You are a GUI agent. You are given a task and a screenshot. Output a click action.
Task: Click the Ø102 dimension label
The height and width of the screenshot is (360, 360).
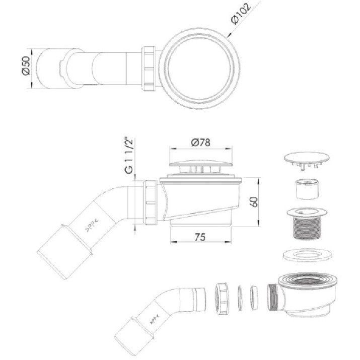[241, 14]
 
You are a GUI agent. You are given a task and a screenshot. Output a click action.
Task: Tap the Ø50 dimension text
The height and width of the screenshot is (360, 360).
[26, 65]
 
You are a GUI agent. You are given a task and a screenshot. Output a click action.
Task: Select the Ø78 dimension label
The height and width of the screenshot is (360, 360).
[200, 142]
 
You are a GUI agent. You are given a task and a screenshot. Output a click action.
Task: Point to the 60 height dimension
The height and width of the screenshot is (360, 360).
[254, 202]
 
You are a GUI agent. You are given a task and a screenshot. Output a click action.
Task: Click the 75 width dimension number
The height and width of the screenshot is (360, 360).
[200, 237]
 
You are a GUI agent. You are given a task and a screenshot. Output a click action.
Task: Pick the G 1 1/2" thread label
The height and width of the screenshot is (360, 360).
[129, 156]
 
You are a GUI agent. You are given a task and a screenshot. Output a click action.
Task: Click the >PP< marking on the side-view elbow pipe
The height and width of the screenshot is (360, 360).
[92, 226]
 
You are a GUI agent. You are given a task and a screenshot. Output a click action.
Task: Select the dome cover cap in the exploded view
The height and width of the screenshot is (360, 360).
[307, 160]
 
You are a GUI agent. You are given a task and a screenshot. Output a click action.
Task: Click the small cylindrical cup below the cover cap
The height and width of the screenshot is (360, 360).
[308, 189]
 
